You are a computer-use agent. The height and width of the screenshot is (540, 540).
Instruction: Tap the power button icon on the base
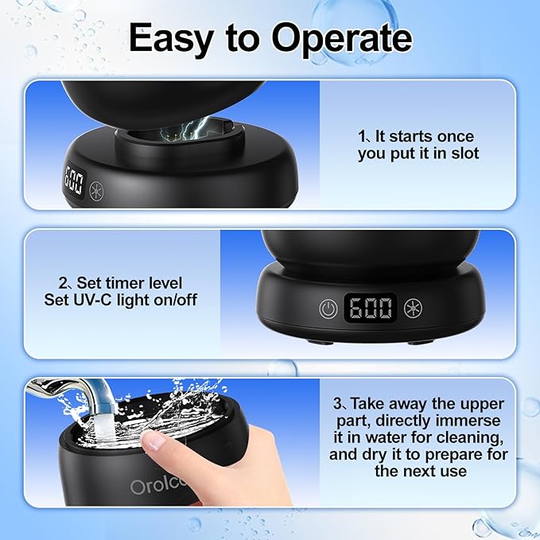[x=327, y=309]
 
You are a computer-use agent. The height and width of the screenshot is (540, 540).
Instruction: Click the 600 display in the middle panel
[x=371, y=308]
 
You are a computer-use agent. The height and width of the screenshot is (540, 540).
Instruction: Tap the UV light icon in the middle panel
[x=414, y=309]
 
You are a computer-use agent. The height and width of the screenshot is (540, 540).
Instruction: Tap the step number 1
[x=359, y=137]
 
